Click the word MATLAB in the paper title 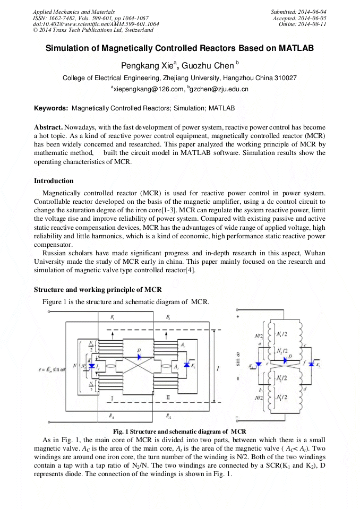(295, 48)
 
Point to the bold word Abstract (49, 128)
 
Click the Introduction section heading (54, 181)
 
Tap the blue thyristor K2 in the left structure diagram (186, 365)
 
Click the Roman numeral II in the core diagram (168, 396)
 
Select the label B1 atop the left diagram (112, 317)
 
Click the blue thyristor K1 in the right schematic (258, 365)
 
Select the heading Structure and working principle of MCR (98, 289)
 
